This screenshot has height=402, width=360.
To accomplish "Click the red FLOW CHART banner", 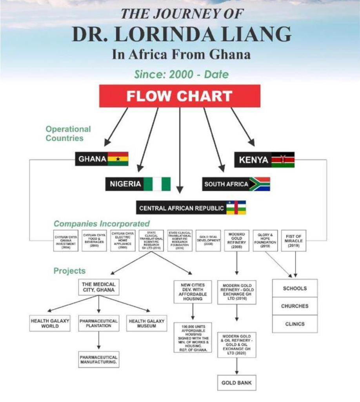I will [180, 96].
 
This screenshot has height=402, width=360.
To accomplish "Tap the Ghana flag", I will [118, 159].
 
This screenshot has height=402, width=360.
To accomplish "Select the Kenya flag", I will [283, 160].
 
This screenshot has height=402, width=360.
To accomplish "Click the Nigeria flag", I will [157, 184].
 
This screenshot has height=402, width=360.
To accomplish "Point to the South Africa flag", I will [260, 184].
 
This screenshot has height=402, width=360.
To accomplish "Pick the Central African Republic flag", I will [236, 207].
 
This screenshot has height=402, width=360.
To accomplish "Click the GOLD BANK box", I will [236, 382].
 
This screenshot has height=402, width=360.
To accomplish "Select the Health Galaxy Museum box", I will [147, 323].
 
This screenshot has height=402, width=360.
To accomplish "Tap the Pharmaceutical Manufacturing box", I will [98, 360].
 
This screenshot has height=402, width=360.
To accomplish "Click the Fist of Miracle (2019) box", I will [294, 240].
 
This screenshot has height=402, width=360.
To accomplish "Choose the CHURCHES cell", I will [295, 306].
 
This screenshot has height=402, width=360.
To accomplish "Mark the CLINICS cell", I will [295, 324].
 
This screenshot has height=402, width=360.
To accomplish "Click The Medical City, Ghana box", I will [98, 287].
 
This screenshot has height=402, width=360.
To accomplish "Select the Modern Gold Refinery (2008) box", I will [237, 240].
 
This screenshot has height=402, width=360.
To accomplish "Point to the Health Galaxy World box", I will [50, 323].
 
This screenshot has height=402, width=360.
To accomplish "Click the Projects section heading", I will [69, 271].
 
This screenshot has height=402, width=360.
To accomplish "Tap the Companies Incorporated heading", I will [102, 224].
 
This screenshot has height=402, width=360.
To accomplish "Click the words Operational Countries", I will [68, 133].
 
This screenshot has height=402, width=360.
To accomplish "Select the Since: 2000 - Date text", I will [181, 74].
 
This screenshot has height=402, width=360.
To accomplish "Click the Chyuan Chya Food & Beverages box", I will [94, 240].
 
